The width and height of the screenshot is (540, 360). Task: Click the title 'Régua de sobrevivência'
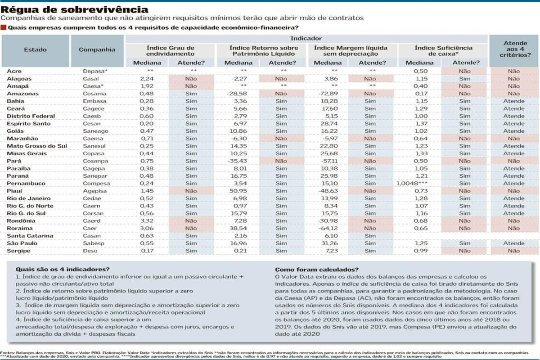point(75,9)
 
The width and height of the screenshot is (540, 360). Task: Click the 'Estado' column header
point(35,49)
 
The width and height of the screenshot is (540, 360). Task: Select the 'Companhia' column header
point(97,49)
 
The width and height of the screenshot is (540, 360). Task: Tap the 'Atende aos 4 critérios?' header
point(515,49)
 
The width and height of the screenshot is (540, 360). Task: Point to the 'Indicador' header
point(306,38)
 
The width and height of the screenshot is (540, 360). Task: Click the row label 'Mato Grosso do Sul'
point(37,146)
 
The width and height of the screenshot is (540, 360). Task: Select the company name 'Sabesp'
point(94,243)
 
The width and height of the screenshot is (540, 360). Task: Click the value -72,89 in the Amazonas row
point(327,94)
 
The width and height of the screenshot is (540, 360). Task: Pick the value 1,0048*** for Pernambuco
point(412,184)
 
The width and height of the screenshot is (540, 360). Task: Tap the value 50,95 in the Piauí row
point(238,191)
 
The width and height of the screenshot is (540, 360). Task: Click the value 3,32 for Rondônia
point(147,221)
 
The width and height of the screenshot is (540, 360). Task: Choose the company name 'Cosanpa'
point(95,161)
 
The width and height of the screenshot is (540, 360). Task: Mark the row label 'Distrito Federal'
point(31,116)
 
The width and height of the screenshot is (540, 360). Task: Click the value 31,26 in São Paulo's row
point(329,243)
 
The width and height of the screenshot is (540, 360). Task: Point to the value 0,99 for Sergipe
point(421,251)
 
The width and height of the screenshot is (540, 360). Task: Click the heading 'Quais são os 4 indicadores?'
point(63,270)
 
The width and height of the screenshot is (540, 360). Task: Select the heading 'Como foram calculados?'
point(317,270)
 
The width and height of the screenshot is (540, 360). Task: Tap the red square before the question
point(4,27)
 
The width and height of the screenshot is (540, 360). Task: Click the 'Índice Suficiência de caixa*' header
point(443,51)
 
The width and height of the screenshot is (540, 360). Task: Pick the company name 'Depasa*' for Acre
point(95,72)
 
